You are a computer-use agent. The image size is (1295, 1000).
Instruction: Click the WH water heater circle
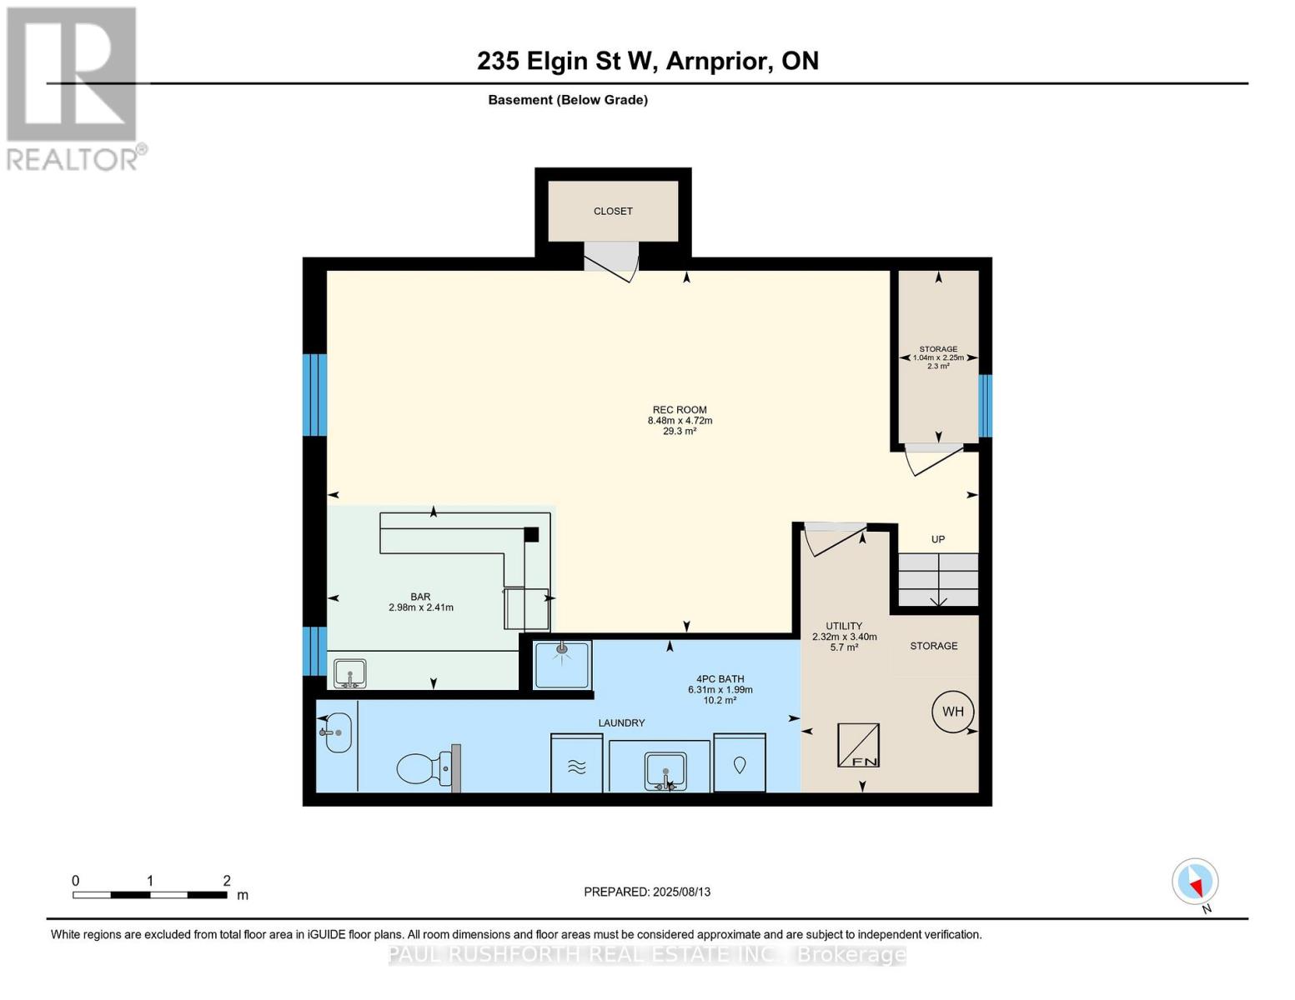(953, 711)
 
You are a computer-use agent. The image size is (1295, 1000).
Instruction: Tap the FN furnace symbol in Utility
(858, 745)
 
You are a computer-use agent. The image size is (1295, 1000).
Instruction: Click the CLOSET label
(613, 211)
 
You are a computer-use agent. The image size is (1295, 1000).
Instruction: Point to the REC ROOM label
(680, 410)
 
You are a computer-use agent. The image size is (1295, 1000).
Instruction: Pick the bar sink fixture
(350, 673)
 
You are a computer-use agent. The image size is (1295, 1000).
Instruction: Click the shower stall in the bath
(562, 664)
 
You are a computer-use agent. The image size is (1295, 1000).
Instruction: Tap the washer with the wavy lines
(577, 764)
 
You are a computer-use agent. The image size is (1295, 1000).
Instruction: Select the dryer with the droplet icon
(740, 763)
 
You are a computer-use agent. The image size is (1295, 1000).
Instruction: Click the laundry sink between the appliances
(665, 770)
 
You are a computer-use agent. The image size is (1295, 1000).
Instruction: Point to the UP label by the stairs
(938, 539)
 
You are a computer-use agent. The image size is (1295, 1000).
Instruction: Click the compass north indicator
(1195, 882)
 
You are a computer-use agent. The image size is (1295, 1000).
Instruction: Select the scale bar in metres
(150, 894)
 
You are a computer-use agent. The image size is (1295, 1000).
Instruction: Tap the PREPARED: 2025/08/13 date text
(647, 892)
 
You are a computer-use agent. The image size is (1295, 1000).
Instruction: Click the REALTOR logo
(73, 87)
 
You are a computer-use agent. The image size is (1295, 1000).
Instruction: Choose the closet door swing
(612, 260)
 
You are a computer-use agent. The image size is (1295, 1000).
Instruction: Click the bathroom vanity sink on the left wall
(338, 732)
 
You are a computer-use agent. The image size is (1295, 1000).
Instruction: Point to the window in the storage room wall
(985, 406)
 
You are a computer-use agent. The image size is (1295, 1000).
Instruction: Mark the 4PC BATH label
(720, 679)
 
